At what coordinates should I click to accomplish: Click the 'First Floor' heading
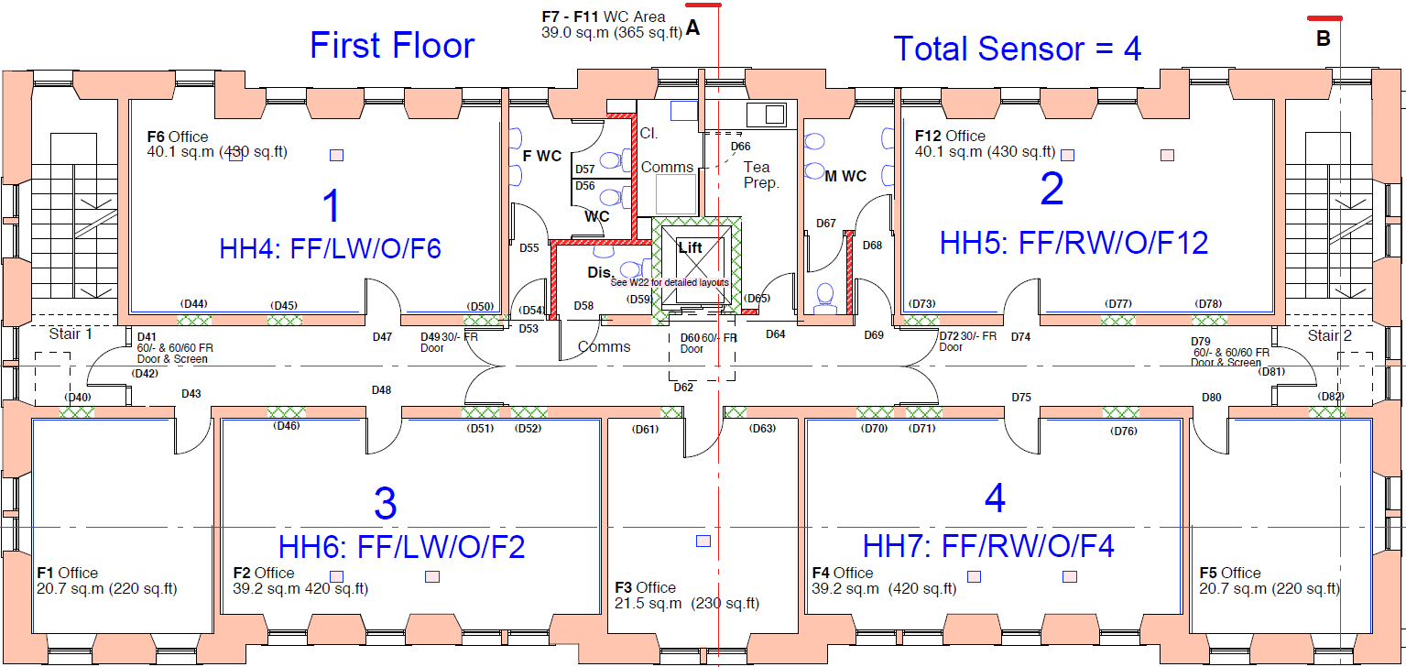[x=392, y=46]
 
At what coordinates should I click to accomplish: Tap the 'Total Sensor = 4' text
[x=1017, y=49]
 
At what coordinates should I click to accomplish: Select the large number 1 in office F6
[x=332, y=207]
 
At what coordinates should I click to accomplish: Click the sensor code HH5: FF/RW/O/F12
[x=1074, y=243]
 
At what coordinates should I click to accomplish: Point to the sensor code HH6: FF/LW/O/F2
[x=402, y=548]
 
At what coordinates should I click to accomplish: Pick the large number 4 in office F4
[x=995, y=499]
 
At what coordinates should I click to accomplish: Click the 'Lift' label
[x=690, y=248]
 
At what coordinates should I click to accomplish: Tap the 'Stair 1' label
[x=71, y=334]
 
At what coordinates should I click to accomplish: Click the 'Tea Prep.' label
[x=760, y=175]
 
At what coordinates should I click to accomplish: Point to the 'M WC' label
[x=845, y=177]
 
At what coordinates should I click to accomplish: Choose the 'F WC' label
[x=541, y=157]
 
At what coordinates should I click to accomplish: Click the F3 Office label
[x=645, y=588]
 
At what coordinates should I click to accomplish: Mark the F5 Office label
[x=1229, y=574]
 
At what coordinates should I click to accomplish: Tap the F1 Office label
[x=66, y=574]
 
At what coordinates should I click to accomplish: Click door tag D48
[x=381, y=390]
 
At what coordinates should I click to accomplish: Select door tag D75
[x=1021, y=398]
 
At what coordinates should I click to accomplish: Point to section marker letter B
[x=1323, y=38]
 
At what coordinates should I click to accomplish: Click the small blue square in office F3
[x=703, y=541]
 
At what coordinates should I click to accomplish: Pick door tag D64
[x=775, y=334]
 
